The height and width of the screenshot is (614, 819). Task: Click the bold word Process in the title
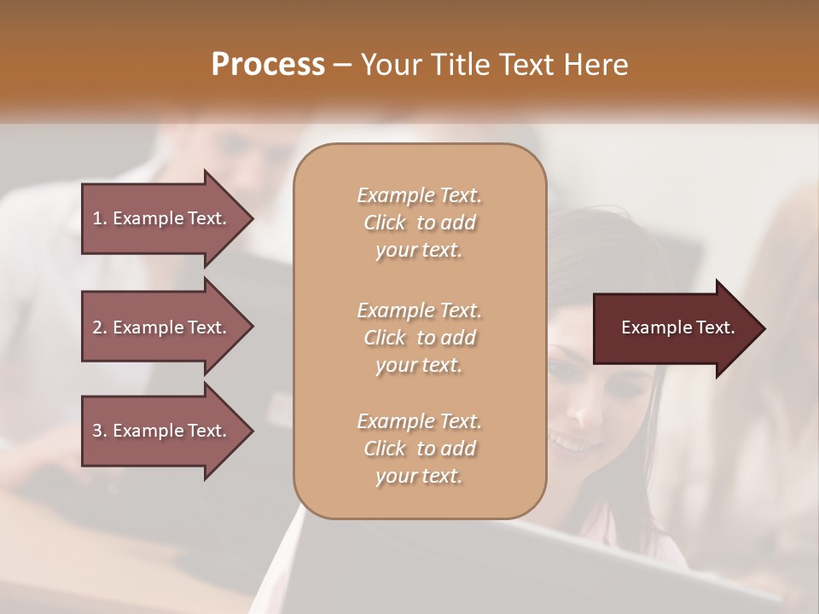pos(268,65)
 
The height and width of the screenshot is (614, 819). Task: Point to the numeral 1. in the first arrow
pos(99,218)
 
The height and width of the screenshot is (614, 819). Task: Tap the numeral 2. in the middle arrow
pos(99,327)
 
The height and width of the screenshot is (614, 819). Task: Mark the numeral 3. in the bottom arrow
pos(99,431)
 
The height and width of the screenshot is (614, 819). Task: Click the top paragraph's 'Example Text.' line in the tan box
pos(419,195)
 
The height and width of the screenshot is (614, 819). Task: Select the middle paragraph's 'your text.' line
pos(419,365)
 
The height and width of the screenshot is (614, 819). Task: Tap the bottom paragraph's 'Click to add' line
pos(419,449)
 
